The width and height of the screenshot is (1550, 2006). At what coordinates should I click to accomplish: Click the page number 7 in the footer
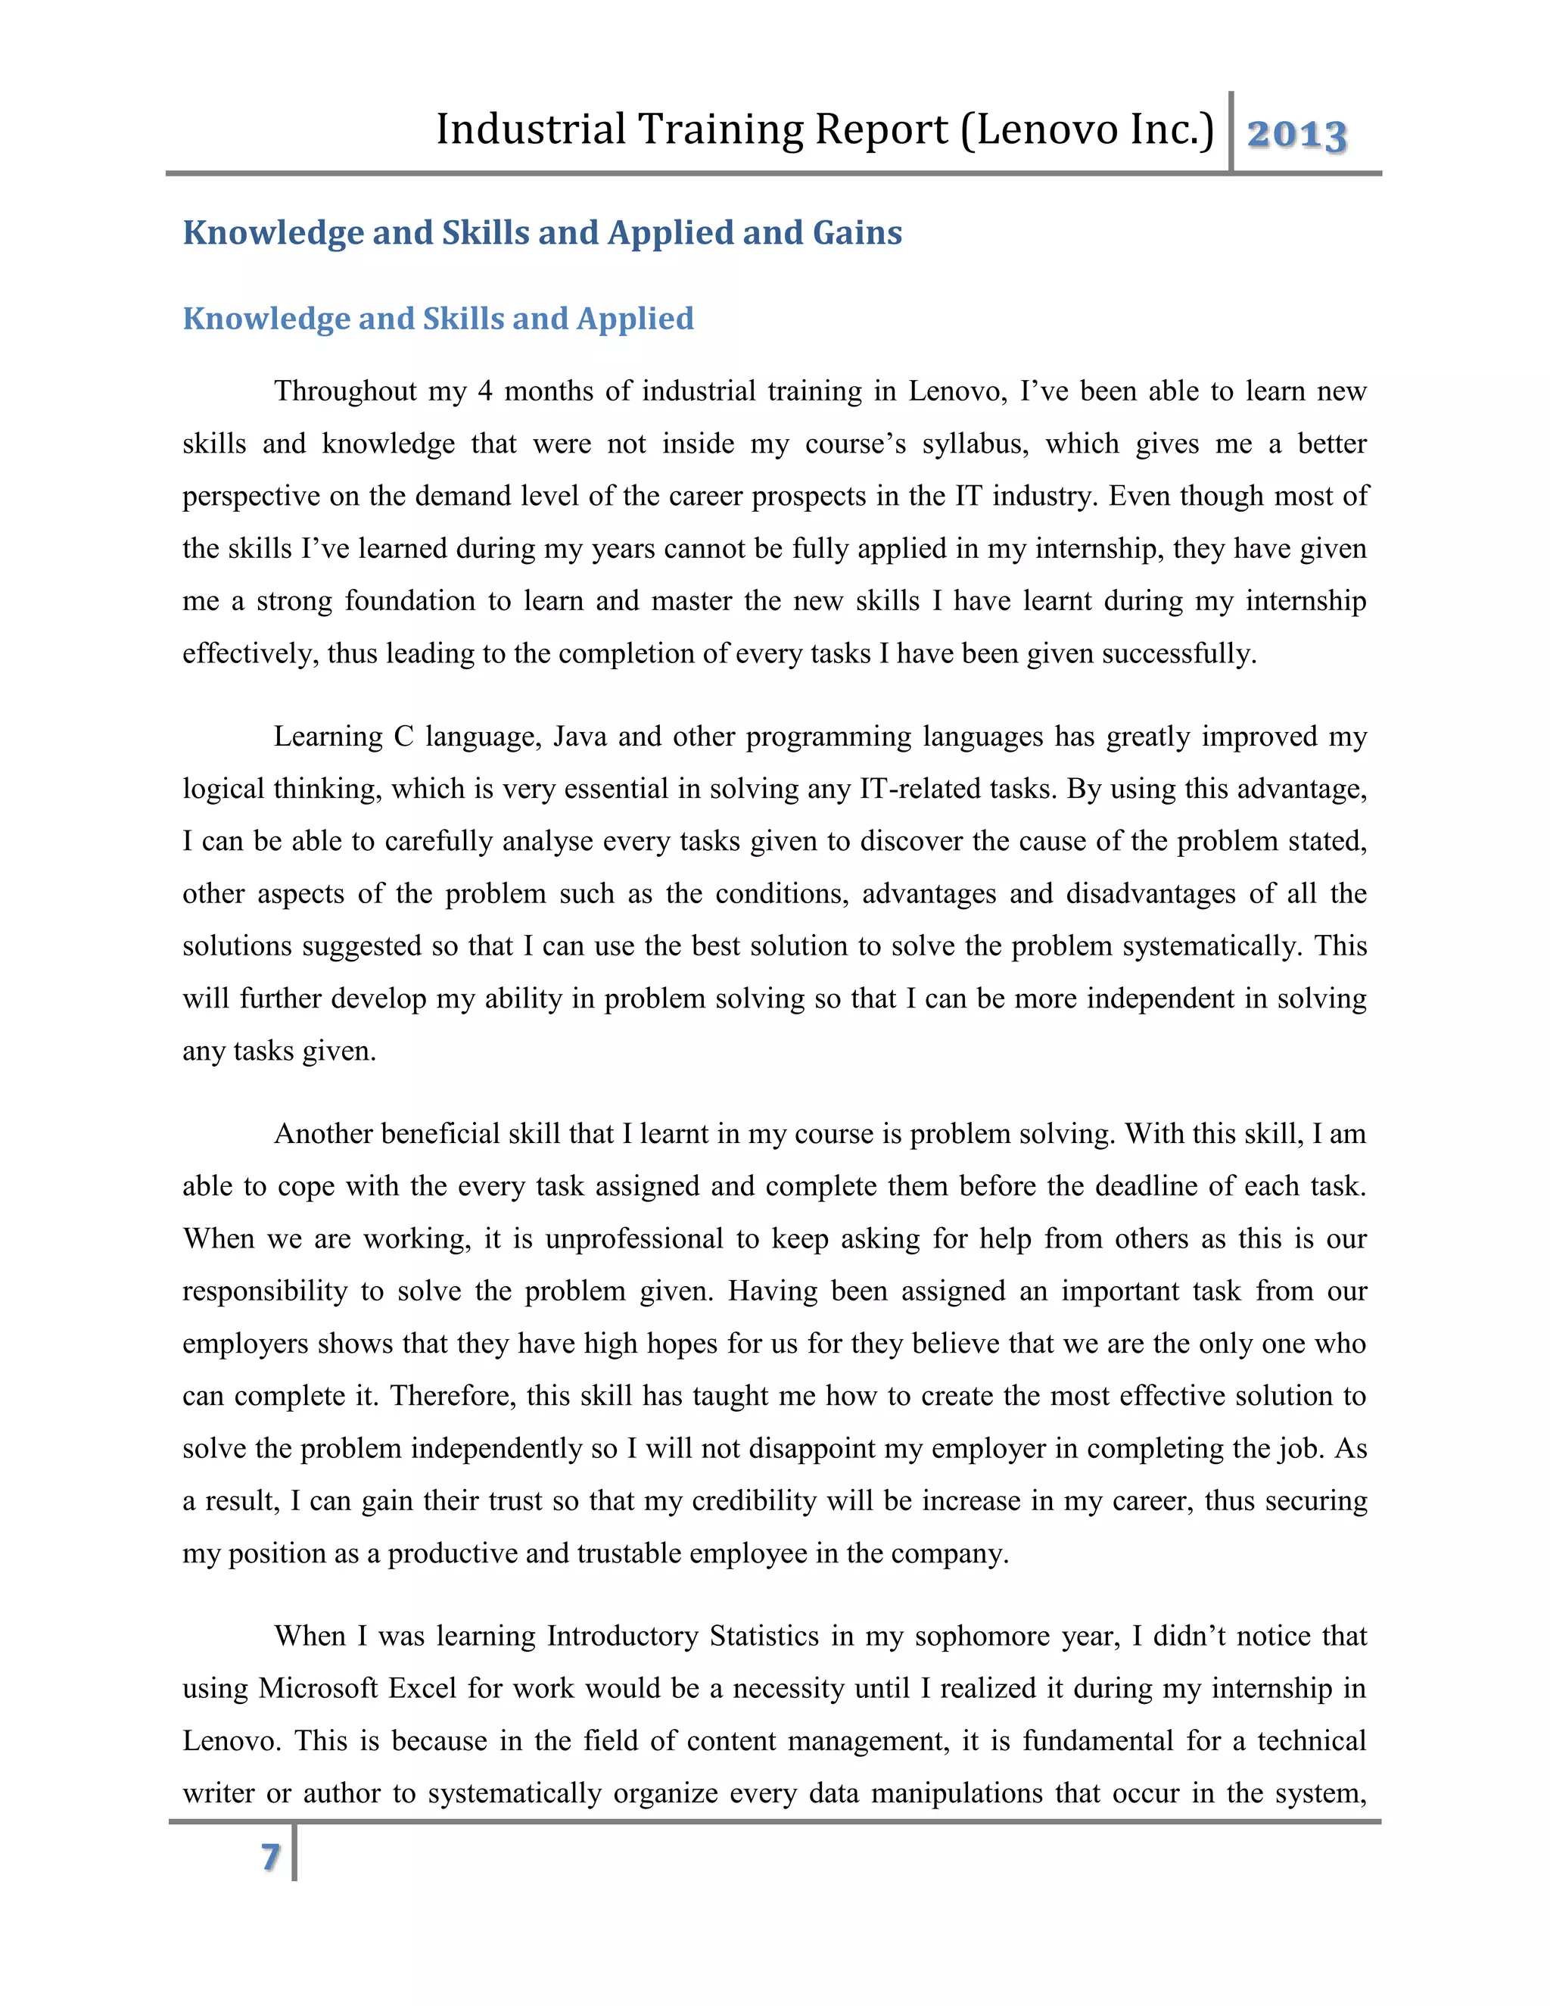coord(270,1857)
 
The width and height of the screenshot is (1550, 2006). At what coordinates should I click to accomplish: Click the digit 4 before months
coord(485,392)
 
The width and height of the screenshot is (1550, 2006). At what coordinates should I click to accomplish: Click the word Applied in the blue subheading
coord(636,319)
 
